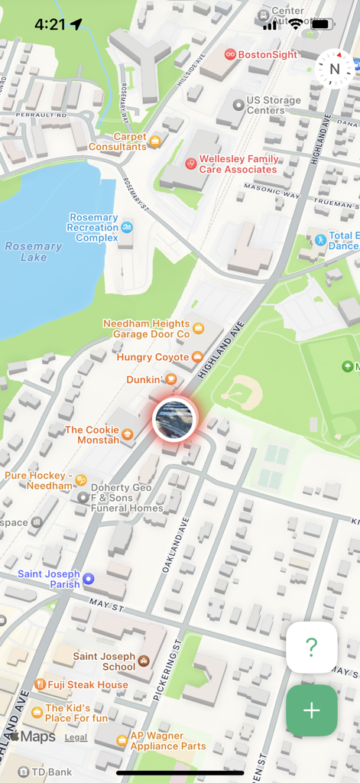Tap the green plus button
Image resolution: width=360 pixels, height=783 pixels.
point(311,710)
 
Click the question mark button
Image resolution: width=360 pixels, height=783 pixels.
point(311,648)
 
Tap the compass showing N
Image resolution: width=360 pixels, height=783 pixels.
point(334,69)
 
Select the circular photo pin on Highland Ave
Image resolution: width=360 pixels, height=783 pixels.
point(174,419)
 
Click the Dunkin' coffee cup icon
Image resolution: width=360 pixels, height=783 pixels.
point(173,379)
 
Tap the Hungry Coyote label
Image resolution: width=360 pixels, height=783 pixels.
point(153,357)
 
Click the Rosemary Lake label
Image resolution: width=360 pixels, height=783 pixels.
point(33,252)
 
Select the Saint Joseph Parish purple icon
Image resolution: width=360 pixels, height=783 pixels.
point(89,579)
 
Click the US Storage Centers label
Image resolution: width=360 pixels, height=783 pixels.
point(273,106)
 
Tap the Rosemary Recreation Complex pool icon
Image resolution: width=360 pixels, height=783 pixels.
point(126,227)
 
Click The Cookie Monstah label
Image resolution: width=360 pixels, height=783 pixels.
point(92,435)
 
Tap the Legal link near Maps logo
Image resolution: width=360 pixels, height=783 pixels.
point(76,738)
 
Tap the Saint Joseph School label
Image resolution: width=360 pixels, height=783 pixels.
point(104,661)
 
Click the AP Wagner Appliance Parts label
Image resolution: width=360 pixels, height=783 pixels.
point(168,741)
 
